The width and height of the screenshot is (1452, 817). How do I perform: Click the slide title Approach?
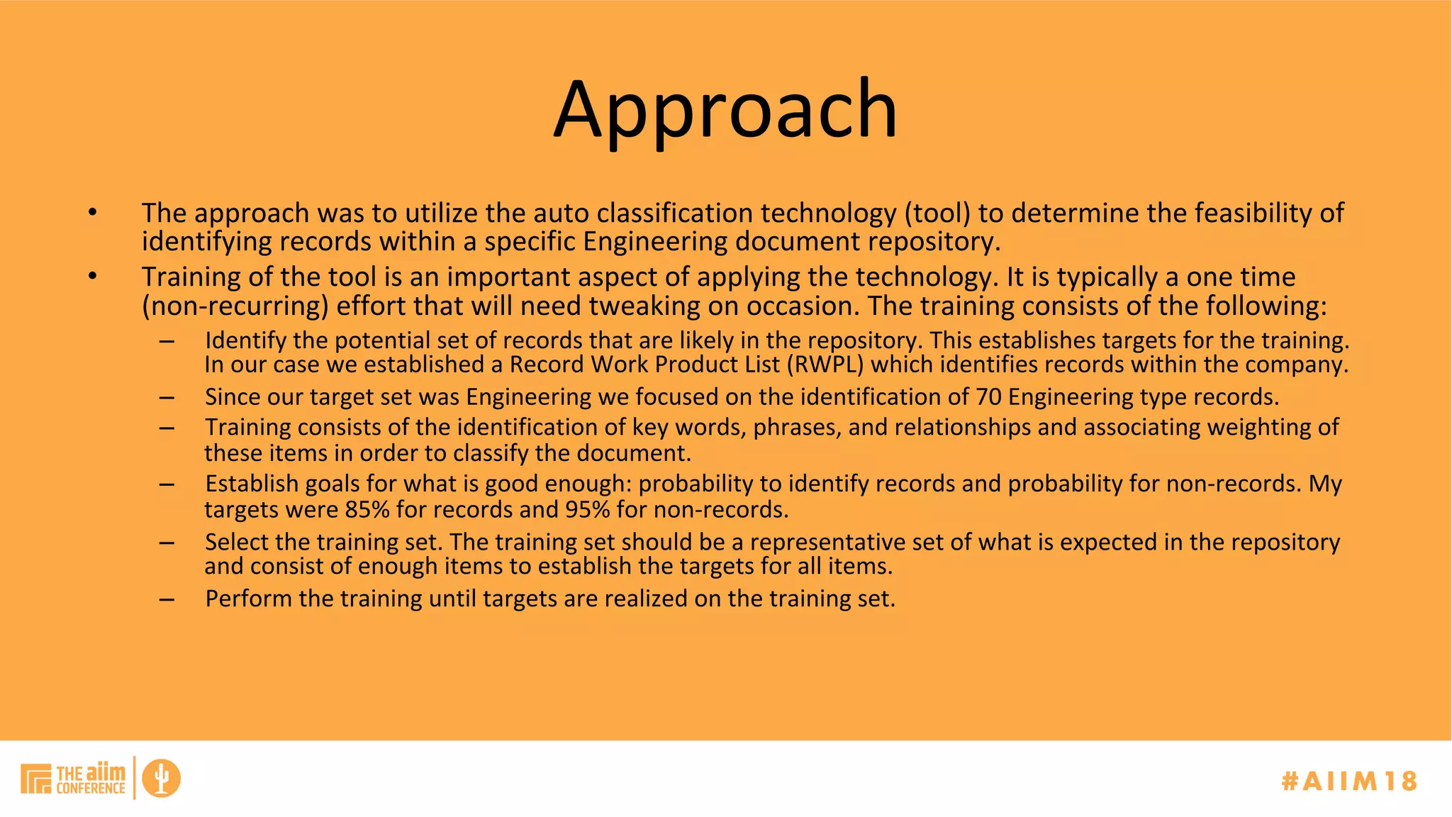[x=725, y=110]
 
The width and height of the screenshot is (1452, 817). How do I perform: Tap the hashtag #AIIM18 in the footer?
[x=1349, y=781]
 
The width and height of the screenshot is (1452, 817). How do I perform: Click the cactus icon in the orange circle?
[x=162, y=778]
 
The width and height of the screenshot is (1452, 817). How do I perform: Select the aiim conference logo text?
[x=90, y=779]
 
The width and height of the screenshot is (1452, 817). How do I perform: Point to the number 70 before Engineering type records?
[x=988, y=396]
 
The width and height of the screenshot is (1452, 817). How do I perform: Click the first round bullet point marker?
[x=92, y=212]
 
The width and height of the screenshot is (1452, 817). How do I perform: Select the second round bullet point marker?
[x=92, y=276]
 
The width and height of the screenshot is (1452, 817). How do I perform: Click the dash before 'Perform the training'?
[x=167, y=599]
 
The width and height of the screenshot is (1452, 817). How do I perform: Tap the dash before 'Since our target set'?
[x=167, y=398]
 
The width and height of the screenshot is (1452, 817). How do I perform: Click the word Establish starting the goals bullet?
[x=252, y=484]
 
